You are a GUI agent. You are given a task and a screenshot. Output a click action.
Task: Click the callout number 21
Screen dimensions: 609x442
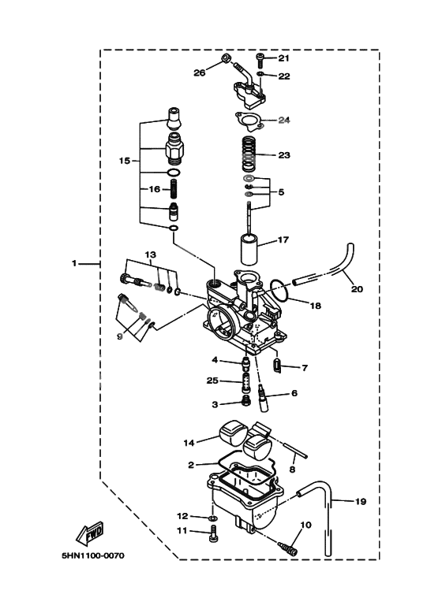283,58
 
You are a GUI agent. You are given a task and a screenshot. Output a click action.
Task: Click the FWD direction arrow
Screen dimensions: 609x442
89,534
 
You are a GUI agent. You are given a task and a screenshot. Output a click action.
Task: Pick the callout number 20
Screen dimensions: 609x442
357,289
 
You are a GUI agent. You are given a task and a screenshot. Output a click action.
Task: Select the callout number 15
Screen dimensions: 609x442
125,160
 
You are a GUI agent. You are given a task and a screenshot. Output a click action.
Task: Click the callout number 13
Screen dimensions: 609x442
150,254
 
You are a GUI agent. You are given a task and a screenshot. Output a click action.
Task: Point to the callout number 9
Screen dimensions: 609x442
120,335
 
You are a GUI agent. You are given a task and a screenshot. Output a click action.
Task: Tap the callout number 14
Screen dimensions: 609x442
189,442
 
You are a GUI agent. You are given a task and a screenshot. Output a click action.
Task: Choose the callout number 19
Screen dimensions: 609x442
360,501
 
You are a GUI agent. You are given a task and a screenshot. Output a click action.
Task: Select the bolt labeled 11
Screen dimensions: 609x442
212,536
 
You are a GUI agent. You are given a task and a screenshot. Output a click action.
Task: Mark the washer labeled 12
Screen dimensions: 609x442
213,517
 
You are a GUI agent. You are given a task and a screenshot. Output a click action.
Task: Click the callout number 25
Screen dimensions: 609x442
212,381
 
